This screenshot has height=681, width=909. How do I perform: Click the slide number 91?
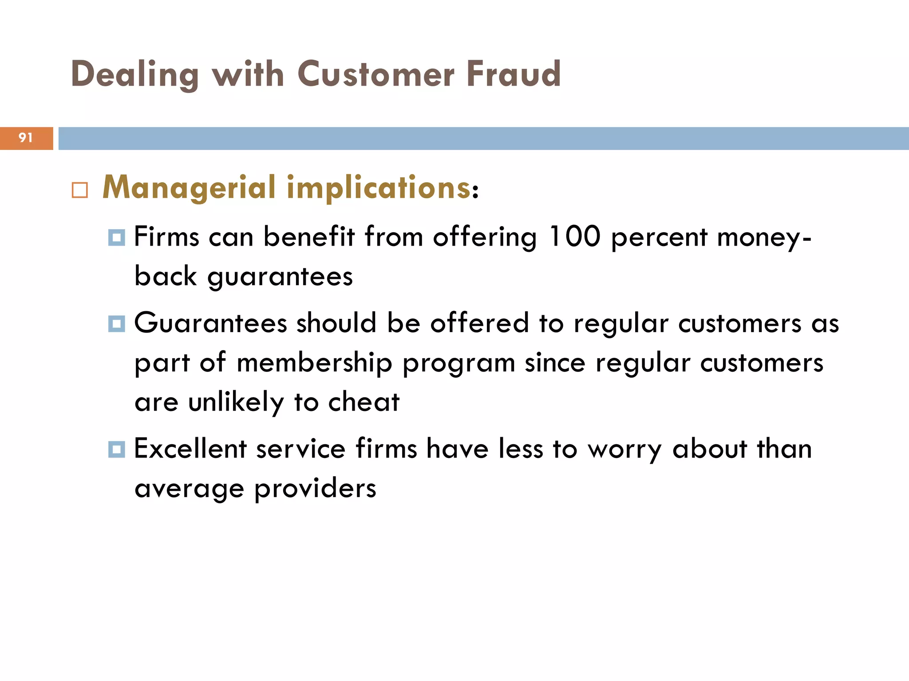[x=26, y=138]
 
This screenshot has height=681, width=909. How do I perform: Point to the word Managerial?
[x=190, y=188]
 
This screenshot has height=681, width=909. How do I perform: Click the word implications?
[x=379, y=188]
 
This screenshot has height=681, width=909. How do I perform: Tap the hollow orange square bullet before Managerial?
[x=80, y=190]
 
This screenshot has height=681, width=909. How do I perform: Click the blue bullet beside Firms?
[x=117, y=237]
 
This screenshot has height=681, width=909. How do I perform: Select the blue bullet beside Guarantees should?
[x=117, y=324]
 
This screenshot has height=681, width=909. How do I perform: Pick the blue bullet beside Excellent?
[x=117, y=450]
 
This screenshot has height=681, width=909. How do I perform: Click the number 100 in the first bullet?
[x=574, y=236]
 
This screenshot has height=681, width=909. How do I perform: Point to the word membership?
[x=314, y=363]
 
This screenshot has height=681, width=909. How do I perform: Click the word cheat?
[x=364, y=402]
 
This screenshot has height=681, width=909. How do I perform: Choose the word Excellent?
[x=190, y=449]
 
